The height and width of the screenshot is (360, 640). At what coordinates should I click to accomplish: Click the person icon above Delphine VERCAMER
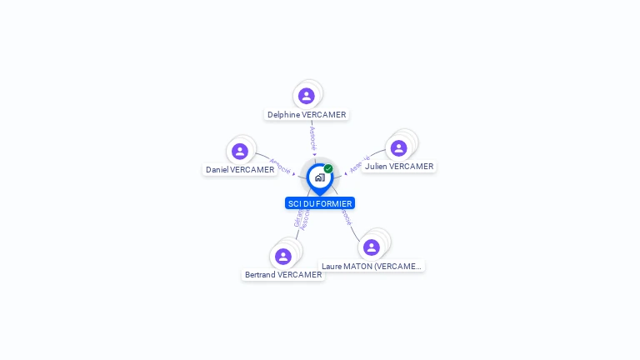(x=307, y=96)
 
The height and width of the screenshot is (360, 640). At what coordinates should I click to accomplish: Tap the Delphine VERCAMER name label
(x=307, y=115)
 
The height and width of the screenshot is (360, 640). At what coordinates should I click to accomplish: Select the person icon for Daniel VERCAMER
(x=240, y=151)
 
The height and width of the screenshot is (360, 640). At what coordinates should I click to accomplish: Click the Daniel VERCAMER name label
(x=240, y=170)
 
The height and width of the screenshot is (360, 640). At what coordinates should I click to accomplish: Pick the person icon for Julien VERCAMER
(x=399, y=147)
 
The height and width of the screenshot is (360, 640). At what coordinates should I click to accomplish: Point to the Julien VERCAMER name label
(x=399, y=167)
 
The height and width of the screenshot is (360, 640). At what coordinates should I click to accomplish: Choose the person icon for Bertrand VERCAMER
(x=283, y=256)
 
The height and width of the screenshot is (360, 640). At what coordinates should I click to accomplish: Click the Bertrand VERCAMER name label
(x=283, y=275)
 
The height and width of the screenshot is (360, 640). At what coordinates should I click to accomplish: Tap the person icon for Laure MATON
(x=372, y=247)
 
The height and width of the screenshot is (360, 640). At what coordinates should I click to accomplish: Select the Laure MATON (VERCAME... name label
(x=372, y=267)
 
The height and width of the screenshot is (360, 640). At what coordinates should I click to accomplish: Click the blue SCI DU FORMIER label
(x=320, y=203)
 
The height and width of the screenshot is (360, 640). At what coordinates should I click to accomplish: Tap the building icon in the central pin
(x=319, y=177)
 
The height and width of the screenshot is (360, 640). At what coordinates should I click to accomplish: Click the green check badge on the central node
(x=328, y=169)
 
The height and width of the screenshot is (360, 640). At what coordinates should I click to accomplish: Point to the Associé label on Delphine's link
(x=312, y=137)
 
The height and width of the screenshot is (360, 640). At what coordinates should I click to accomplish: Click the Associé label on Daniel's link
(x=280, y=165)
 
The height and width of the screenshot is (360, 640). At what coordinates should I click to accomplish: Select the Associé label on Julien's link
(x=359, y=164)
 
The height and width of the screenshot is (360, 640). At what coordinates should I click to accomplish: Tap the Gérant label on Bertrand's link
(x=297, y=219)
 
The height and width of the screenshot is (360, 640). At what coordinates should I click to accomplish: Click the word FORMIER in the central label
(x=335, y=203)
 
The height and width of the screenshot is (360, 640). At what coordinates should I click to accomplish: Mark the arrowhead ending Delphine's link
(x=314, y=155)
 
